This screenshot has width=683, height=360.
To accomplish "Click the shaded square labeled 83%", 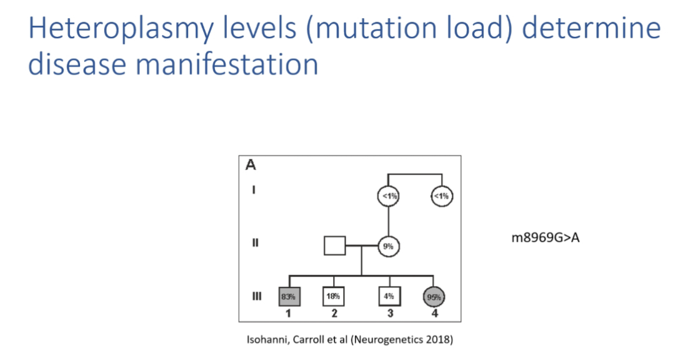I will tap(288, 296).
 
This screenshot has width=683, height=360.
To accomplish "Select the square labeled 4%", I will tap(389, 296).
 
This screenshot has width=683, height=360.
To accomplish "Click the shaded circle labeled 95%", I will tap(436, 296).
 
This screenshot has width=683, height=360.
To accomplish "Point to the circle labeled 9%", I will tap(388, 246).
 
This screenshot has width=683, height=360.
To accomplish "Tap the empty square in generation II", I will tap(335, 246).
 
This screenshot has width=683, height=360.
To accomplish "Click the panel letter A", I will tap(251, 166).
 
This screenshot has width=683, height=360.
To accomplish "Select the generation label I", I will tap(254, 191).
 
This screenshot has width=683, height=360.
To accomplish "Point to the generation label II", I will tap(255, 244).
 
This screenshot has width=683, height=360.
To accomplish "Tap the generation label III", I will tap(256, 296).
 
